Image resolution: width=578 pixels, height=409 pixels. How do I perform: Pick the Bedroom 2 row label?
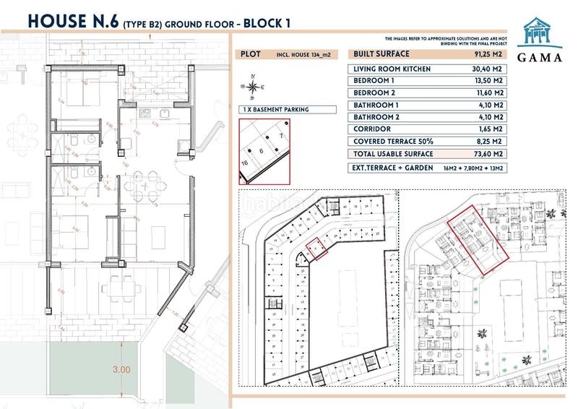point(374,92)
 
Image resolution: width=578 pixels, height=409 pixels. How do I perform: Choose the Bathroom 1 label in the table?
point(376,105)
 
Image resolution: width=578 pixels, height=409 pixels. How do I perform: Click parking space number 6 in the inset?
point(262,151)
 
